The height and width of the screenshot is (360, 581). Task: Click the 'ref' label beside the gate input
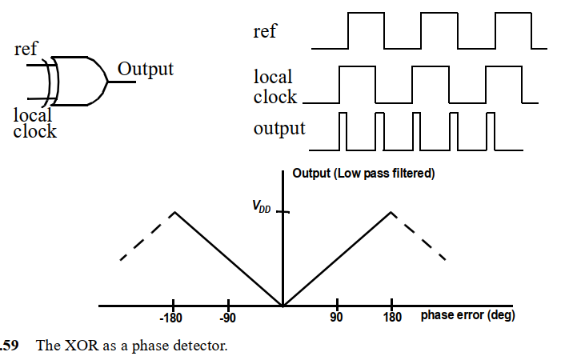tap(26, 50)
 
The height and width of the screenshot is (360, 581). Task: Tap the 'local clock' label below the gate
tap(34, 122)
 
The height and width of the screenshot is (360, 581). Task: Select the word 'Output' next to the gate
tap(145, 69)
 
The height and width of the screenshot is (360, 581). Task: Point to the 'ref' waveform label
tap(265, 31)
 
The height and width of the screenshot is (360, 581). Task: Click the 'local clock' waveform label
tap(274, 87)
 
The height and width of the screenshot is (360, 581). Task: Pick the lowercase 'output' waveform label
tap(279, 128)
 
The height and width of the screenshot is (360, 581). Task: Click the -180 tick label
tap(173, 318)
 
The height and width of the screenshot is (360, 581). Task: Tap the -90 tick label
tap(229, 318)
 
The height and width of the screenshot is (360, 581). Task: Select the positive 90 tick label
tap(336, 318)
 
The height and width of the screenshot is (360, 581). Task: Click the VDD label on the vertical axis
tap(262, 207)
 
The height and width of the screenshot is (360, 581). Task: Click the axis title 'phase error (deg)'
tap(467, 315)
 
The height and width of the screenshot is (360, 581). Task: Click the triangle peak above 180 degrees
tap(391, 212)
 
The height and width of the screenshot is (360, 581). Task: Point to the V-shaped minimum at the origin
tap(282, 305)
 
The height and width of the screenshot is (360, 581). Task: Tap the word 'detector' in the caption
tap(201, 346)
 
